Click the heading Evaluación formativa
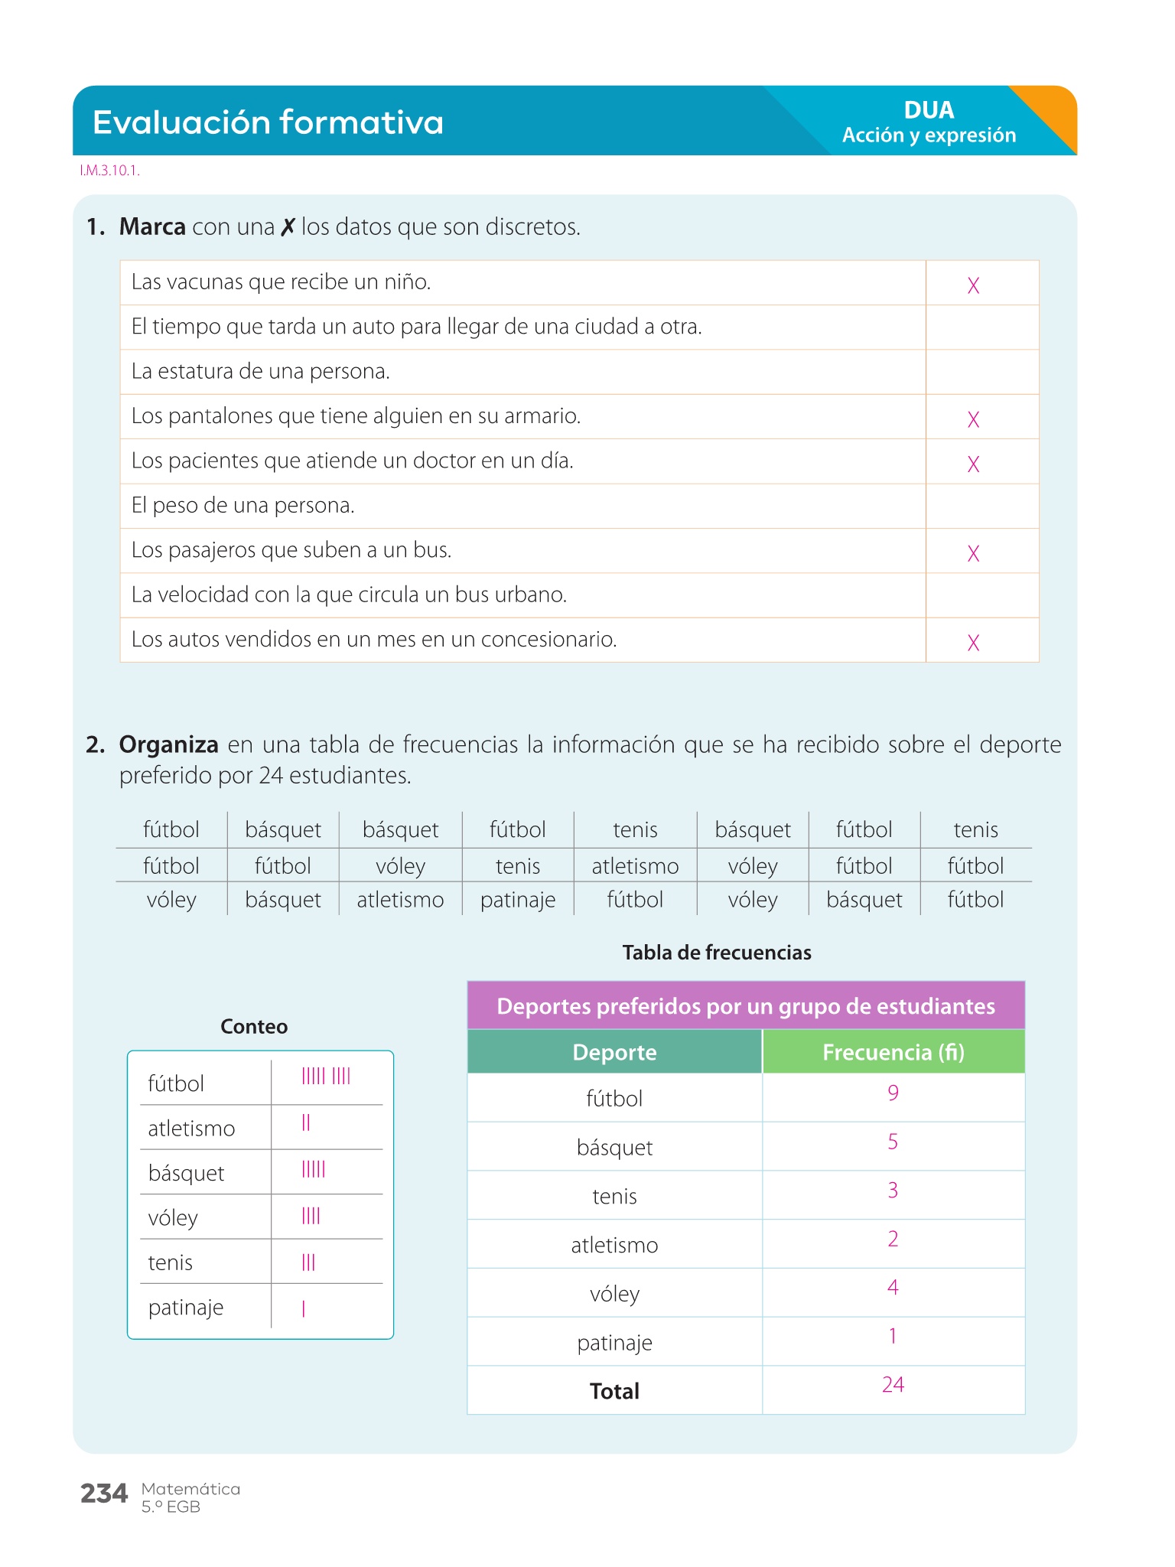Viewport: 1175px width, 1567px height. point(268,122)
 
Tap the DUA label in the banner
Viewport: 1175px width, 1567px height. point(929,110)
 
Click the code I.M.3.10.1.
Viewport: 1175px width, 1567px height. point(109,171)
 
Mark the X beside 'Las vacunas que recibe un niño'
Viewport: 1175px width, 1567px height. point(973,285)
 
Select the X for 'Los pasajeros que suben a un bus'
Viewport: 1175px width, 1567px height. point(973,553)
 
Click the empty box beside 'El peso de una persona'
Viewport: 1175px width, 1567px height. point(982,506)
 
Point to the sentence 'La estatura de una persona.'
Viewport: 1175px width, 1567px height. point(261,372)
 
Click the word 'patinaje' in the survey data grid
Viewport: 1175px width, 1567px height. point(518,900)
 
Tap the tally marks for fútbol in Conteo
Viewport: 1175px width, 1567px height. point(326,1077)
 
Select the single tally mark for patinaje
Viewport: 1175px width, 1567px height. point(304,1309)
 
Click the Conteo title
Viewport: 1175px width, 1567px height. point(254,1027)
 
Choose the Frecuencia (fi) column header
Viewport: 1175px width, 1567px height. point(893,1052)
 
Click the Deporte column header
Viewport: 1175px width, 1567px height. point(614,1052)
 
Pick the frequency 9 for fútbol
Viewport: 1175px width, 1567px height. point(893,1093)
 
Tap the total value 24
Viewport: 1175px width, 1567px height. point(893,1385)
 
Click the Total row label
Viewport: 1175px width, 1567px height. point(614,1391)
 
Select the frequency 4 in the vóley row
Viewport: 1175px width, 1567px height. point(893,1288)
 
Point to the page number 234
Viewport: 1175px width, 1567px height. point(104,1494)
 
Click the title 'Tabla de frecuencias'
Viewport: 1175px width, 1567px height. point(717,953)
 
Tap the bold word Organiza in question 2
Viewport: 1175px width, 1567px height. point(169,744)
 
